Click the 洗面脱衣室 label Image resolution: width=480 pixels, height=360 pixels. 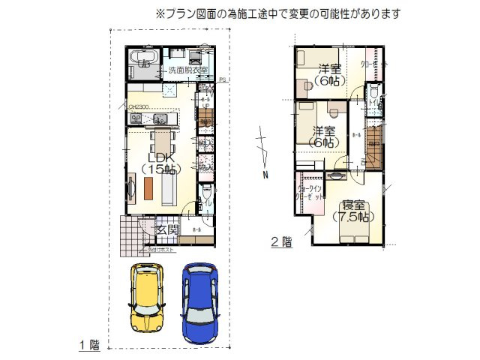click(x=187, y=70)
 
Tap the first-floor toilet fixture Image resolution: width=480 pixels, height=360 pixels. click(x=208, y=196)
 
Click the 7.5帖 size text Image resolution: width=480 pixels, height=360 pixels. click(x=352, y=217)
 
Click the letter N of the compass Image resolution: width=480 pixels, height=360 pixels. click(x=265, y=175)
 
